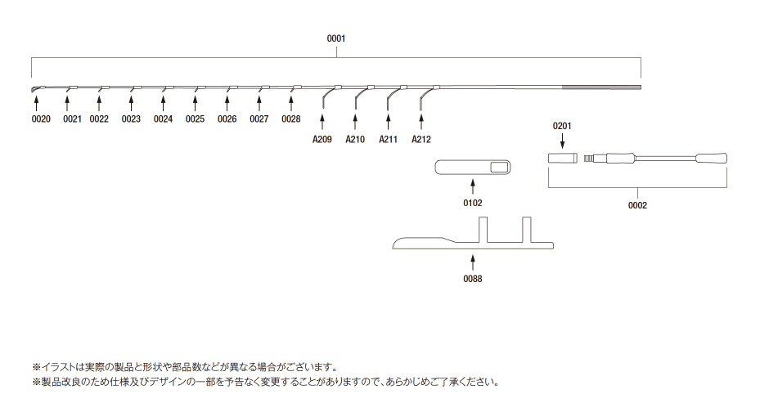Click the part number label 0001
pyautogui.click(x=336, y=38)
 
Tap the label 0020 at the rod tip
pyautogui.click(x=41, y=119)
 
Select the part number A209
pyautogui.click(x=322, y=140)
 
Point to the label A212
pyautogui.click(x=421, y=140)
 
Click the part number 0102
pyautogui.click(x=473, y=203)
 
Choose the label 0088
pyautogui.click(x=473, y=279)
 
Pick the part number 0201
pyautogui.click(x=562, y=126)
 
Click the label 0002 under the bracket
pyautogui.click(x=637, y=205)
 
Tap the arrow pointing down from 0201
pyautogui.click(x=562, y=141)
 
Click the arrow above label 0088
pyautogui.click(x=473, y=262)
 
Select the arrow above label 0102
pyautogui.click(x=473, y=186)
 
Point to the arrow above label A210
pyautogui.click(x=355, y=122)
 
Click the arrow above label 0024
pyautogui.click(x=163, y=103)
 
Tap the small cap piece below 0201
pyautogui.click(x=563, y=159)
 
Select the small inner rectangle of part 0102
pyautogui.click(x=500, y=168)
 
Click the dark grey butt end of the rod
pyautogui.click(x=601, y=87)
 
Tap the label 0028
pyautogui.click(x=290, y=119)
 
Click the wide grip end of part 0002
pyautogui.click(x=711, y=159)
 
